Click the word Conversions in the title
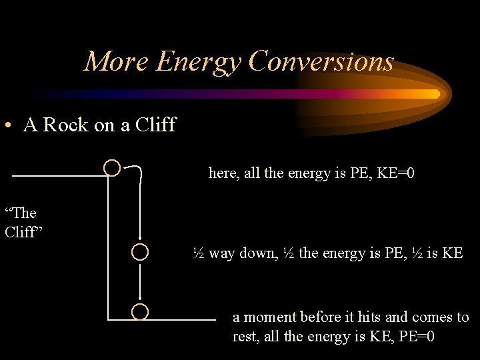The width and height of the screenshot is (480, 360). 321,62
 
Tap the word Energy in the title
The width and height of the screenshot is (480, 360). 198,62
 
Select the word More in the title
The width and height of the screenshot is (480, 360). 117,62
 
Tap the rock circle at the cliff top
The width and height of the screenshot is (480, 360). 112,167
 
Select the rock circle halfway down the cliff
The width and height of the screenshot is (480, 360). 139,252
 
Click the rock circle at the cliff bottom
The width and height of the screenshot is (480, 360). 139,311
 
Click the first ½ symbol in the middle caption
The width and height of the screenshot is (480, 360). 199,253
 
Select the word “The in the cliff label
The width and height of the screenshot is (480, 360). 21,213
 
